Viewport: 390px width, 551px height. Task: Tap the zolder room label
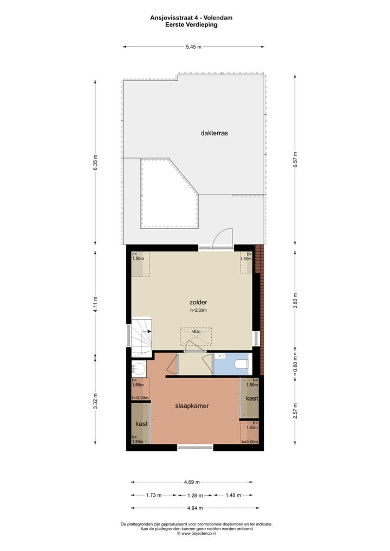point(198,302)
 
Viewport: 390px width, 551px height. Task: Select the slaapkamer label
point(192,405)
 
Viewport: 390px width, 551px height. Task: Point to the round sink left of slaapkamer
point(139,370)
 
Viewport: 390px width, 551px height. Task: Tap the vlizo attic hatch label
point(196,331)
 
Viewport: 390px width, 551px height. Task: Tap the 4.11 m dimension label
point(95,304)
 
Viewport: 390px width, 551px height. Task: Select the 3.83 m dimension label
point(295,299)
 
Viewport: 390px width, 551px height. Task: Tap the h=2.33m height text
point(198,311)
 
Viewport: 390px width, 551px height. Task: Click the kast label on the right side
point(251,398)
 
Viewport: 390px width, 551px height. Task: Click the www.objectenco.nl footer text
point(196,533)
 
